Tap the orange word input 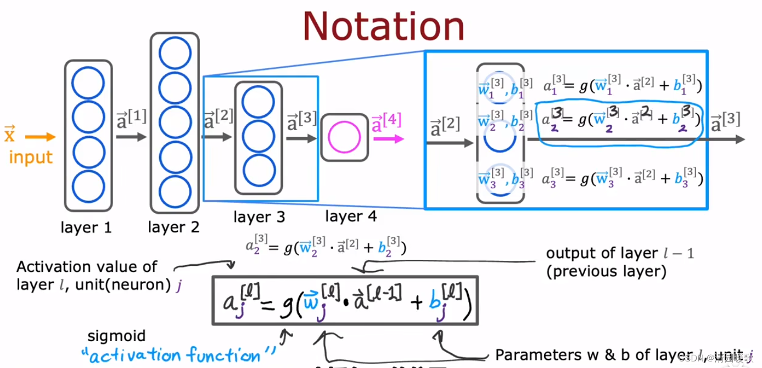click(31, 157)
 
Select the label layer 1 click(87, 227)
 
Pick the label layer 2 click(173, 226)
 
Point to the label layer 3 click(259, 217)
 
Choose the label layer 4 click(351, 216)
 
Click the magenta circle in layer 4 click(344, 137)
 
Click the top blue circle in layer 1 click(88, 82)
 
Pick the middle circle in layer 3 click(259, 136)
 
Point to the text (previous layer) click(606, 271)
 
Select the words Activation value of click(87, 267)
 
